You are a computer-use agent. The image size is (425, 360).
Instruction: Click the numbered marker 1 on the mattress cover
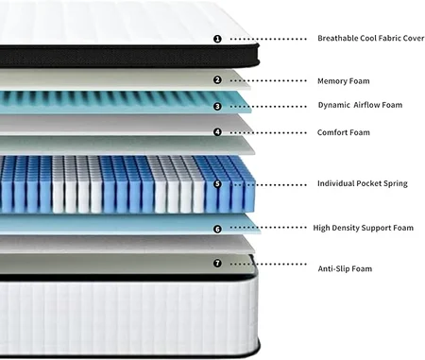tap(217, 39)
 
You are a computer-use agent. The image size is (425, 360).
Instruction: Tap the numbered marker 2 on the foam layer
tap(217, 80)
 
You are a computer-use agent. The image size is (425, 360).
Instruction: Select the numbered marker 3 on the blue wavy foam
tap(217, 107)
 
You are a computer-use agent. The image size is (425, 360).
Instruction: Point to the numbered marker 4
tap(217, 132)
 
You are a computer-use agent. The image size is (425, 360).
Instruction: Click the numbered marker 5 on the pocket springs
tap(217, 184)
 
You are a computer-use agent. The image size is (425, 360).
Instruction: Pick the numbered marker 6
tap(217, 229)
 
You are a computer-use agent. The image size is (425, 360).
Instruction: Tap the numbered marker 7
tap(217, 263)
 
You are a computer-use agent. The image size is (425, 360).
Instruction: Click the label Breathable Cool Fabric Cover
tap(371, 38)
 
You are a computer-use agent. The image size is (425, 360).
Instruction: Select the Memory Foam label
tap(344, 81)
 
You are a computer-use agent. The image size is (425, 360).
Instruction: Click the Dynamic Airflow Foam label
tap(360, 105)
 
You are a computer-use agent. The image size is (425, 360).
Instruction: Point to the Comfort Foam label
tap(344, 132)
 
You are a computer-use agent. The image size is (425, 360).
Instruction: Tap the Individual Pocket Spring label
tap(363, 183)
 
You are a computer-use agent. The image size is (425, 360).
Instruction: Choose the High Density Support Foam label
tap(364, 228)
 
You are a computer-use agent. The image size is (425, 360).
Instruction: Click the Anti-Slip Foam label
tap(345, 268)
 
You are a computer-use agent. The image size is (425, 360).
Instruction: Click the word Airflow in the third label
tap(367, 105)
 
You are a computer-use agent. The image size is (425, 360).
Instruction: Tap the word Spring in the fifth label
tap(396, 183)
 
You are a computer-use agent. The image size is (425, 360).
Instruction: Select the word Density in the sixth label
tap(344, 228)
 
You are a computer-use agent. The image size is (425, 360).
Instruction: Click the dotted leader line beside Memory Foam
tap(268, 80)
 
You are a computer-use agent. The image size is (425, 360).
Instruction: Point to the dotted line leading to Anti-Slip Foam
tap(268, 264)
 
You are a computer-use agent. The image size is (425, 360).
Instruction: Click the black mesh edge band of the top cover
tap(129, 57)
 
